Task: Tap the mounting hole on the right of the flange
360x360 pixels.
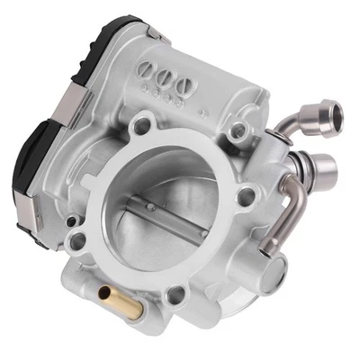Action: click(246, 193)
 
